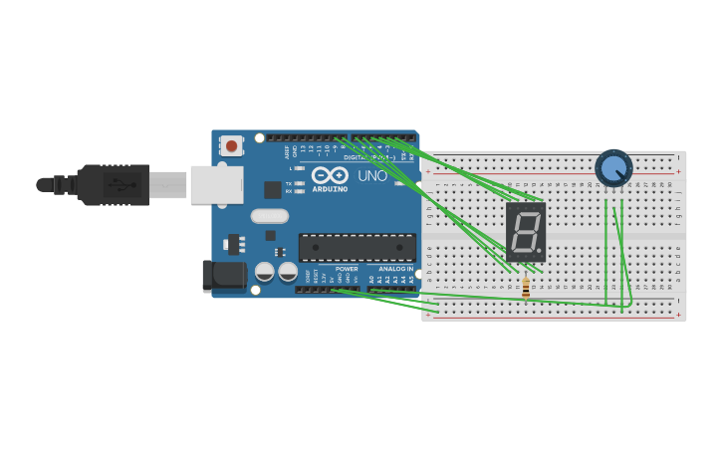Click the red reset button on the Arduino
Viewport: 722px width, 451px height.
(x=232, y=146)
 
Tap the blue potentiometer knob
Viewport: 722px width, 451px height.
(x=613, y=167)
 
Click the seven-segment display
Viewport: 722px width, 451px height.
(x=526, y=233)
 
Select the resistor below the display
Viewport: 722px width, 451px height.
(x=526, y=288)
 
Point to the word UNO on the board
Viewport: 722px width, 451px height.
(x=372, y=176)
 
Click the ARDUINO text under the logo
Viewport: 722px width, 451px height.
(x=330, y=189)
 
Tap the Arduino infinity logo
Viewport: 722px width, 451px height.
(x=330, y=174)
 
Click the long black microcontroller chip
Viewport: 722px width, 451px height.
(x=358, y=248)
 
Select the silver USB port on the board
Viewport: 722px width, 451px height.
(x=216, y=184)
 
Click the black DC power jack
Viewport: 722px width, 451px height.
(x=223, y=277)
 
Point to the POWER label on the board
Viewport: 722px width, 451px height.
(x=347, y=269)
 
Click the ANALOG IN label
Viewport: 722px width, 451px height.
(x=395, y=269)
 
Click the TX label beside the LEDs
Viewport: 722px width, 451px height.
(x=289, y=183)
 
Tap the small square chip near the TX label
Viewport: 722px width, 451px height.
(x=272, y=189)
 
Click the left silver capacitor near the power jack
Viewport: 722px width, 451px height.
(x=265, y=272)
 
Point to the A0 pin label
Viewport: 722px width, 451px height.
(x=371, y=281)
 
